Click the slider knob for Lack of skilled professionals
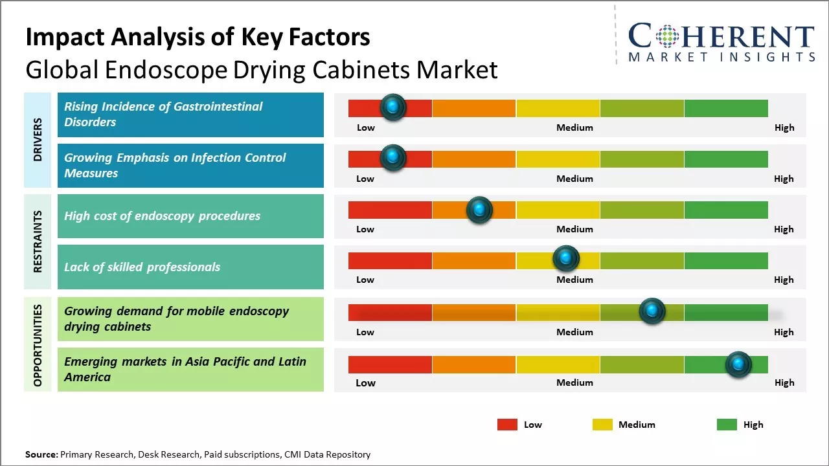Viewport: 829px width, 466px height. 566,259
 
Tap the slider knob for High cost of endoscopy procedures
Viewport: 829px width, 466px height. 479,209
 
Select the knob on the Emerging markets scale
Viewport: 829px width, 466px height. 738,364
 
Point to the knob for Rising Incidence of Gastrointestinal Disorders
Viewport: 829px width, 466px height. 392,107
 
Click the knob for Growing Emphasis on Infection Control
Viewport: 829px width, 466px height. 392,158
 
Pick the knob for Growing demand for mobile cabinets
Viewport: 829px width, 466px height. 652,311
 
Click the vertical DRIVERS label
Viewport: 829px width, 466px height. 37,140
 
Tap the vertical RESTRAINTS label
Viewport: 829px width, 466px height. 37,241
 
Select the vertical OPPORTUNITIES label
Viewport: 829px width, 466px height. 37,345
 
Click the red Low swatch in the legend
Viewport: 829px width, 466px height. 507,425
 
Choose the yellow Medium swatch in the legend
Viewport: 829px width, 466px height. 602,425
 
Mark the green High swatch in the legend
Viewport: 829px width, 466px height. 727,425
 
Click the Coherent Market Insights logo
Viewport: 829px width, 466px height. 721,42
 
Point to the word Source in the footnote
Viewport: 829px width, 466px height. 41,454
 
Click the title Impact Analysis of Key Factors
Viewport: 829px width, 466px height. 198,37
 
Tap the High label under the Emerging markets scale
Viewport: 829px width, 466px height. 784,383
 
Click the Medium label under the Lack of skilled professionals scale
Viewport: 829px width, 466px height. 574,280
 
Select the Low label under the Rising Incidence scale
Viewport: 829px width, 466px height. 366,128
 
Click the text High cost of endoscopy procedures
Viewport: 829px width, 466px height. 162,216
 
